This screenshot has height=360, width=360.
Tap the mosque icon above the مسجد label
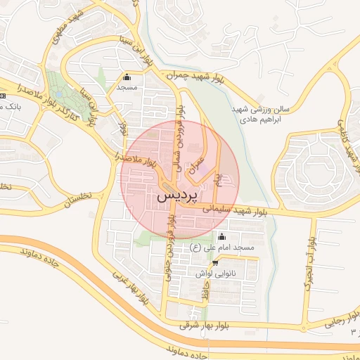127,77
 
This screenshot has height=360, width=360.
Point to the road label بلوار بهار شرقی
203,325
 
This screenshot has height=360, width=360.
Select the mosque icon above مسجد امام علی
223,236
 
